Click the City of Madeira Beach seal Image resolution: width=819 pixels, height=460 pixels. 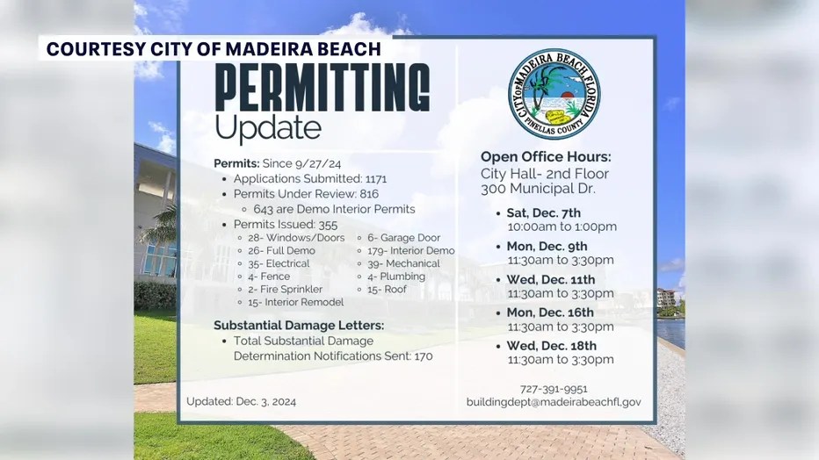pyautogui.click(x=554, y=94)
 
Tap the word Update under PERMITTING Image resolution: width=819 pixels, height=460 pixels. pyautogui.click(x=268, y=128)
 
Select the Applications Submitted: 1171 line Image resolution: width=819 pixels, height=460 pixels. pyautogui.click(x=310, y=178)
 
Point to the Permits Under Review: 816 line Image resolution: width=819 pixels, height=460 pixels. pyautogui.click(x=306, y=194)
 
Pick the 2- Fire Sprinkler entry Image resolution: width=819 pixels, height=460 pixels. pyautogui.click(x=285, y=289)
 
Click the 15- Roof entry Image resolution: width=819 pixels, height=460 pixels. pyautogui.click(x=387, y=289)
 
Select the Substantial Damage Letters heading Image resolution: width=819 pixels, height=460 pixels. pyautogui.click(x=299, y=325)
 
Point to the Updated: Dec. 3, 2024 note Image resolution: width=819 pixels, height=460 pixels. pyautogui.click(x=241, y=401)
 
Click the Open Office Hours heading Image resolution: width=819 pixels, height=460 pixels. pyautogui.click(x=546, y=157)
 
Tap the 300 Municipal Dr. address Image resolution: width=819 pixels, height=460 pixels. pyautogui.click(x=538, y=189)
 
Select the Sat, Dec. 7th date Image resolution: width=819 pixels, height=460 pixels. pyautogui.click(x=543, y=213)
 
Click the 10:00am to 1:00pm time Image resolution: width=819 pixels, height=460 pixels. pyautogui.click(x=562, y=226)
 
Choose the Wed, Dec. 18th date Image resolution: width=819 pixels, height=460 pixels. pyautogui.click(x=551, y=346)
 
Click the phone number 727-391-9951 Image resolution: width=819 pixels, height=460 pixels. pyautogui.click(x=553, y=389)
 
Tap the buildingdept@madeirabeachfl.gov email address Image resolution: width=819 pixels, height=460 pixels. pyautogui.click(x=554, y=402)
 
